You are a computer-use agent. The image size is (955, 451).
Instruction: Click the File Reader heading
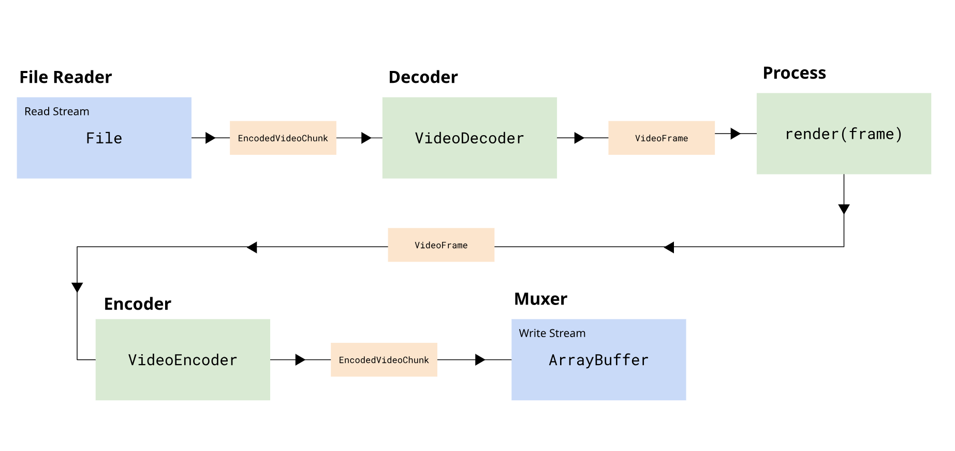pyautogui.click(x=65, y=77)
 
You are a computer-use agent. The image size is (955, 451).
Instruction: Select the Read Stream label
pyautogui.click(x=56, y=111)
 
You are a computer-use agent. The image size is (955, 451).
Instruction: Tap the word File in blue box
pyautogui.click(x=104, y=138)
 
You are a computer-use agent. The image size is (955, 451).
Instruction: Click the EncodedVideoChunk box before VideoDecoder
pyautogui.click(x=283, y=138)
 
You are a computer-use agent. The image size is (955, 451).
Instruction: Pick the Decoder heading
pyautogui.click(x=423, y=77)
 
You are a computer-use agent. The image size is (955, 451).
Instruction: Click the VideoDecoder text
pyautogui.click(x=469, y=138)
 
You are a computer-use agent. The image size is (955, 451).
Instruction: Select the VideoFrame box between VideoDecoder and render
pyautogui.click(x=661, y=138)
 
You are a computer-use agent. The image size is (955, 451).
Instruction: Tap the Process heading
pyautogui.click(x=794, y=73)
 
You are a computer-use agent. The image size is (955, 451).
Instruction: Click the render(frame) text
pyautogui.click(x=843, y=134)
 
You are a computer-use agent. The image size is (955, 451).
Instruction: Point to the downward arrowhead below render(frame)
pyautogui.click(x=844, y=209)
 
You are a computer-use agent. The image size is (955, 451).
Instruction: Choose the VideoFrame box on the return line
pyautogui.click(x=440, y=245)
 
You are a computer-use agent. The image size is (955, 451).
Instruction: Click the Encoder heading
pyautogui.click(x=137, y=304)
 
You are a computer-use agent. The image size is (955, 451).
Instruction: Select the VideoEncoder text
pyautogui.click(x=182, y=360)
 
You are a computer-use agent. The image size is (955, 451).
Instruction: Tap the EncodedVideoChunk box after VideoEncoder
pyautogui.click(x=384, y=360)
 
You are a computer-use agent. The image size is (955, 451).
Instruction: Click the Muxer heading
pyautogui.click(x=540, y=299)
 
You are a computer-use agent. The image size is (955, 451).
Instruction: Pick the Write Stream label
pyautogui.click(x=552, y=333)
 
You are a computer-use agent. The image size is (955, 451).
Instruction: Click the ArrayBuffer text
pyautogui.click(x=598, y=360)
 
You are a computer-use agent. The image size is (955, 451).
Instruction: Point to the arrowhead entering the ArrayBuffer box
pyautogui.click(x=480, y=359)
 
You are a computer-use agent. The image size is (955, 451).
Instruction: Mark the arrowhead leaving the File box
pyautogui.click(x=210, y=138)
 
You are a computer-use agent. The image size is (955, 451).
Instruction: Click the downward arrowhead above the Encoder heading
pyautogui.click(x=77, y=287)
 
